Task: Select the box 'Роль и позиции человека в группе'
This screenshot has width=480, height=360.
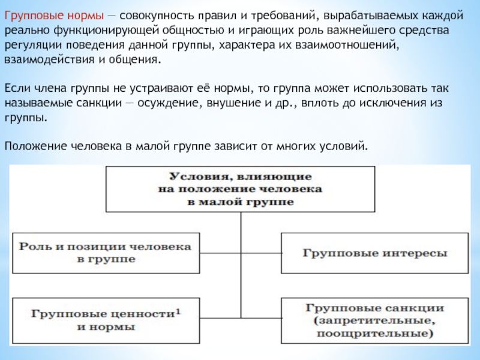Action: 106,253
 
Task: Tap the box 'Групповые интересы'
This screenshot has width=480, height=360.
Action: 374,253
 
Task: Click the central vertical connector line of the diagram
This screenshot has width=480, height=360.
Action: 240,270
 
